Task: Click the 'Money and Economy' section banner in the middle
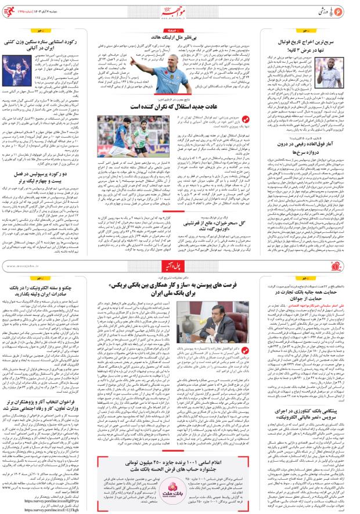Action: coord(179,265)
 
